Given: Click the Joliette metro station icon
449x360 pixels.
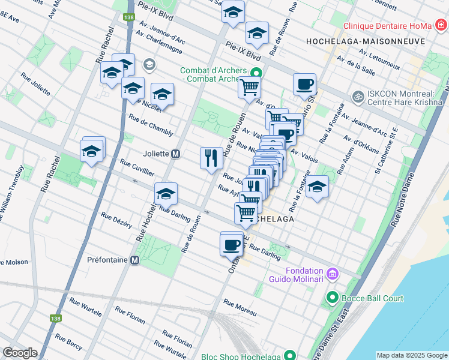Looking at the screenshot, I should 176,154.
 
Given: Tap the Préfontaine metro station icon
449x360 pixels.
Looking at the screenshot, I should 135,260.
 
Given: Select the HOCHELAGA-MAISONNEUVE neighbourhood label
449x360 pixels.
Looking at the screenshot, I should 365,41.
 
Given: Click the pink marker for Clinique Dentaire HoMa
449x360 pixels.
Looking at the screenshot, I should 442,25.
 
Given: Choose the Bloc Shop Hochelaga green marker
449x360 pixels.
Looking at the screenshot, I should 291,355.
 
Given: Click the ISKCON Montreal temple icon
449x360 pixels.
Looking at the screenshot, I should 358,96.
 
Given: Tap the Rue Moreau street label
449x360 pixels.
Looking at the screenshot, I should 240,308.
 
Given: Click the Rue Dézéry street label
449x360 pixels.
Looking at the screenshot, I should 116,220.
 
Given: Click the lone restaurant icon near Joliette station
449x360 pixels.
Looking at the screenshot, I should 211,158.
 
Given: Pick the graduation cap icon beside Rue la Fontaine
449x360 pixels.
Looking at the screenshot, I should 317,187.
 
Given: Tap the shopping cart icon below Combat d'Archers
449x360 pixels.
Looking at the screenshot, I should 249,87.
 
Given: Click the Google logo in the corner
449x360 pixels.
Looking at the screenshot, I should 20,353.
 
